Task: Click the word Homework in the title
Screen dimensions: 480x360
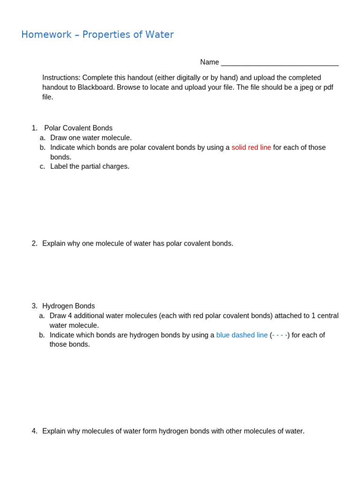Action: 46,35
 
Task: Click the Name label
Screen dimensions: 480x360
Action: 210,62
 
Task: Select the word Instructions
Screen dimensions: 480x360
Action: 61,78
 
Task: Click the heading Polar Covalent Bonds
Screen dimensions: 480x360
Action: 78,128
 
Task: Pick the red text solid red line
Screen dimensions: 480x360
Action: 251,148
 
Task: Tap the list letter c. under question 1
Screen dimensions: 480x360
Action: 43,166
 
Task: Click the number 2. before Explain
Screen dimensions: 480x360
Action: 35,244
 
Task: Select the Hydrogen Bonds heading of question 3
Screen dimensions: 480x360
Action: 68,306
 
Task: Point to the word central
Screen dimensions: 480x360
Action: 328,316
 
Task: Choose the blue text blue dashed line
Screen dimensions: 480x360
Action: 242,335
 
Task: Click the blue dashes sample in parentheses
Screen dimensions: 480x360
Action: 279,335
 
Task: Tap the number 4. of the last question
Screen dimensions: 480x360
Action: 35,431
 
